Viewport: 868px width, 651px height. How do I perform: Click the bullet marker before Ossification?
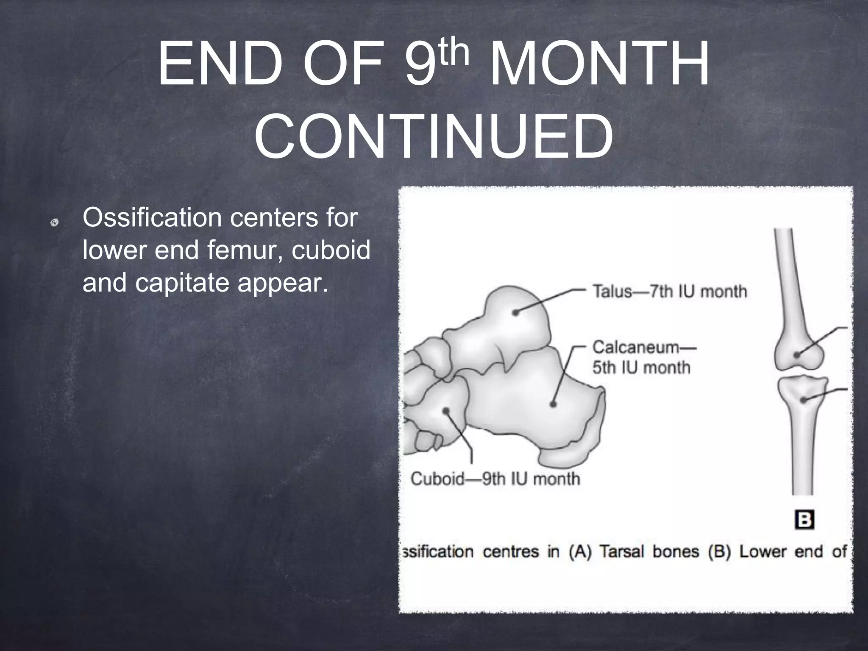54,223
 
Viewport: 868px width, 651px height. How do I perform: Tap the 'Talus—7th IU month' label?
669,292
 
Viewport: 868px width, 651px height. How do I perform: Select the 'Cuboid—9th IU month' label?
495,479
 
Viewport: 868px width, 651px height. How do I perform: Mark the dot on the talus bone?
515,313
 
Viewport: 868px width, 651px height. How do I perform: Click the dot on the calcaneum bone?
553,404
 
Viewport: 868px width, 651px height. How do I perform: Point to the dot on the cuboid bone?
446,410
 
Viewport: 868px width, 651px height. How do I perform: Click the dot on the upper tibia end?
803,400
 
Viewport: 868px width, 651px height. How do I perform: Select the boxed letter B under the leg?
804,520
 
